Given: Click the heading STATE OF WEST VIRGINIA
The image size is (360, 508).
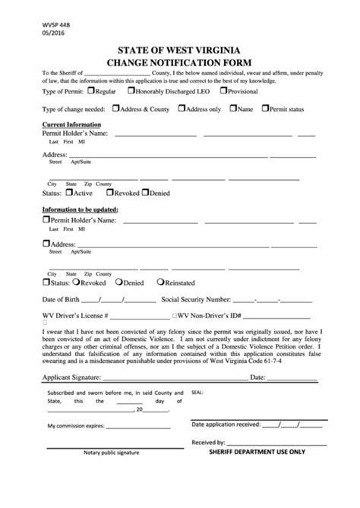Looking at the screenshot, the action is [x=179, y=52].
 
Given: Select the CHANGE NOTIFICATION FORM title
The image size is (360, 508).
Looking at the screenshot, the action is [x=179, y=62].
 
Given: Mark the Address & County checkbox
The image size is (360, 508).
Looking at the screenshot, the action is [x=115, y=108].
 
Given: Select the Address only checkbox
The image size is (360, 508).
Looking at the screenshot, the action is [x=182, y=108].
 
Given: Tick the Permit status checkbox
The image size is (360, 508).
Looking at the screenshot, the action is [x=265, y=108].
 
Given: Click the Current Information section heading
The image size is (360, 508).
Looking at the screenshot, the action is [x=71, y=124].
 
